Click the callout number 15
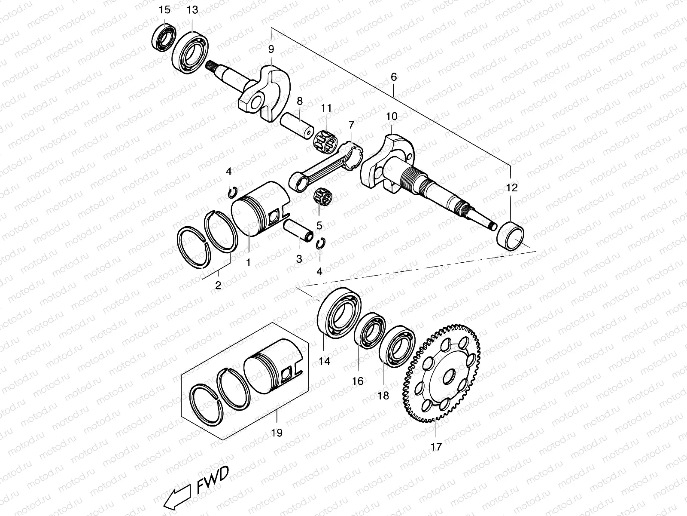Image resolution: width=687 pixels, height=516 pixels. pyautogui.click(x=164, y=10)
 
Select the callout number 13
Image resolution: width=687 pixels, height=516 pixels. pyautogui.click(x=193, y=10)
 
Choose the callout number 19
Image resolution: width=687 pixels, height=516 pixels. pyautogui.click(x=277, y=433)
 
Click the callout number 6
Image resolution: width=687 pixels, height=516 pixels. pyautogui.click(x=394, y=77)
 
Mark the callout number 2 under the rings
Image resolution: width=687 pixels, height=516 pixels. pyautogui.click(x=218, y=285)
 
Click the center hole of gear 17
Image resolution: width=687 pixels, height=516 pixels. pyautogui.click(x=450, y=376)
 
